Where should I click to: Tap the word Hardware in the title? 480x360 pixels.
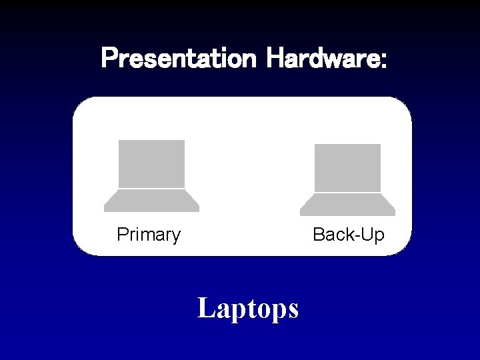(x=323, y=59)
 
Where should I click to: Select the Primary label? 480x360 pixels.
(x=149, y=235)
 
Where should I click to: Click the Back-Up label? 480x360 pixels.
(x=349, y=235)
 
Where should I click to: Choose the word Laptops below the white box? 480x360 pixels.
(x=248, y=309)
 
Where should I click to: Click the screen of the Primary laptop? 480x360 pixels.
(x=151, y=164)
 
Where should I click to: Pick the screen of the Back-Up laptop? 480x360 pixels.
(x=347, y=168)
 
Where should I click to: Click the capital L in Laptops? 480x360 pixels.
(x=206, y=308)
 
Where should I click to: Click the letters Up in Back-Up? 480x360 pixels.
(x=373, y=235)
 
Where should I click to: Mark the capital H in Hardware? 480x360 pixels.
(x=274, y=59)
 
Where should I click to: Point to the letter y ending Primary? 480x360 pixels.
(x=175, y=237)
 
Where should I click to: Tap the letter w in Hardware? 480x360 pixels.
(x=336, y=60)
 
